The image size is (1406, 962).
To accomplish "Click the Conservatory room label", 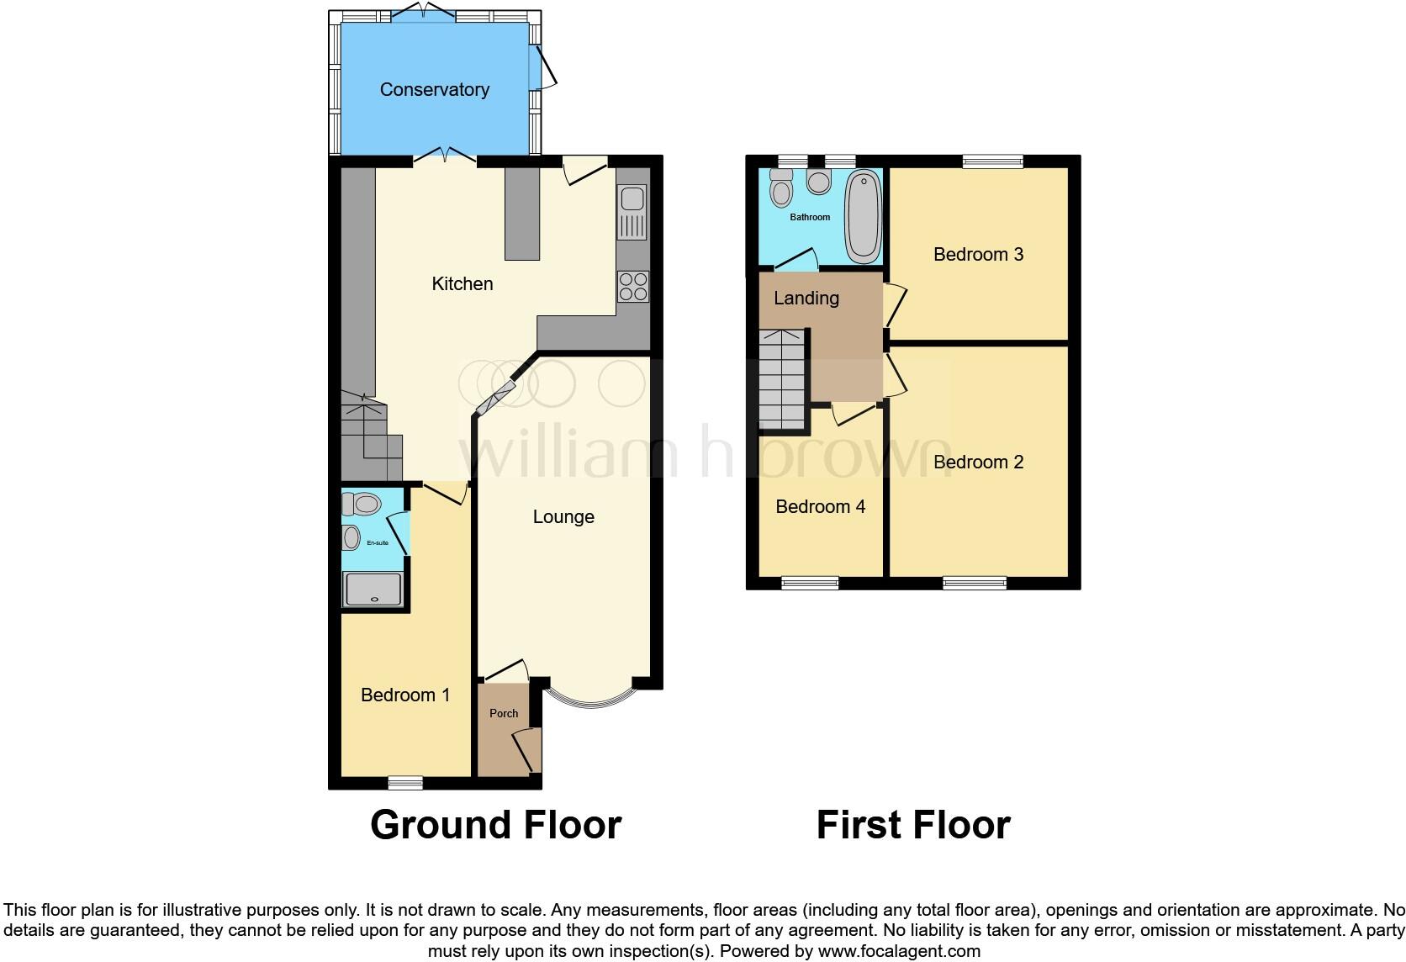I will pyautogui.click(x=434, y=90).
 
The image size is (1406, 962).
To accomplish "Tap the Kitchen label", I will pyautogui.click(x=462, y=284).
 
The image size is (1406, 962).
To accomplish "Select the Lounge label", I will pyautogui.click(x=563, y=517).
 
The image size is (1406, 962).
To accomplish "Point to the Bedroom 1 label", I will pyautogui.click(x=405, y=695).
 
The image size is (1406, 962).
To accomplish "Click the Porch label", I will pyautogui.click(x=504, y=713).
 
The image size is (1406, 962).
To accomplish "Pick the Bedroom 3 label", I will pyautogui.click(x=978, y=255).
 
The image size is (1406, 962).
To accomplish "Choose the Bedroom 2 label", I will pyautogui.click(x=978, y=462).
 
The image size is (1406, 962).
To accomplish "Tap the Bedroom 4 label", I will pyautogui.click(x=820, y=506).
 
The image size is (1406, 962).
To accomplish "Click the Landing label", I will pyautogui.click(x=806, y=299).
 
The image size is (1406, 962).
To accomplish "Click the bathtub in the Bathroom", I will pyautogui.click(x=864, y=216).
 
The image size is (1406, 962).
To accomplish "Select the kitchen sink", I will pyautogui.click(x=632, y=213).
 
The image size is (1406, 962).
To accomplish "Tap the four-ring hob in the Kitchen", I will pyautogui.click(x=633, y=287).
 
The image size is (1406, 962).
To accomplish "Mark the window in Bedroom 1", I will pyautogui.click(x=405, y=783).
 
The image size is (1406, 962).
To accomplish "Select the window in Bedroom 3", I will pyautogui.click(x=993, y=161).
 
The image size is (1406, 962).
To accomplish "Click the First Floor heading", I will pyautogui.click(x=913, y=825).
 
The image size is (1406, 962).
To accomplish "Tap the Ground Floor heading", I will pyautogui.click(x=495, y=825).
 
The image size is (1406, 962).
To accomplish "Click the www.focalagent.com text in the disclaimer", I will pyautogui.click(x=899, y=952).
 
